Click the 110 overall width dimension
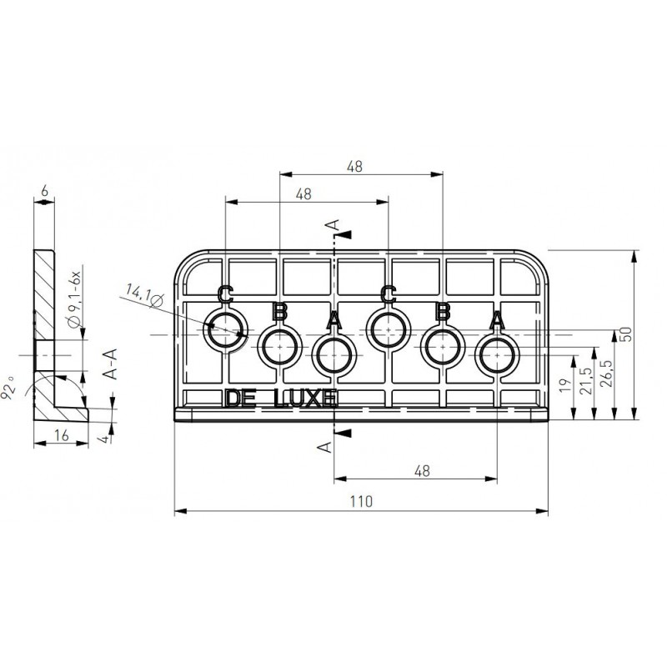(x=361, y=502)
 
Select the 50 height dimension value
(x=627, y=333)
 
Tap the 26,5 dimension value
(x=607, y=374)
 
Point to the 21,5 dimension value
(x=586, y=381)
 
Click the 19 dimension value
(x=565, y=385)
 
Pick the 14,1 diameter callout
(x=144, y=295)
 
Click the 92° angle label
(x=8, y=388)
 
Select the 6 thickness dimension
(x=44, y=192)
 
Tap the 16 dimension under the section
(x=62, y=435)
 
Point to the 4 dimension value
(x=106, y=439)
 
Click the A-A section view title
(x=110, y=364)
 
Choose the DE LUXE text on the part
(x=281, y=399)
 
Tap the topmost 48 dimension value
(x=355, y=166)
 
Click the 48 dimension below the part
(x=422, y=471)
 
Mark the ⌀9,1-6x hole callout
(x=74, y=298)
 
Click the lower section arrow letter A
(x=325, y=446)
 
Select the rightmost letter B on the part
(x=443, y=311)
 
